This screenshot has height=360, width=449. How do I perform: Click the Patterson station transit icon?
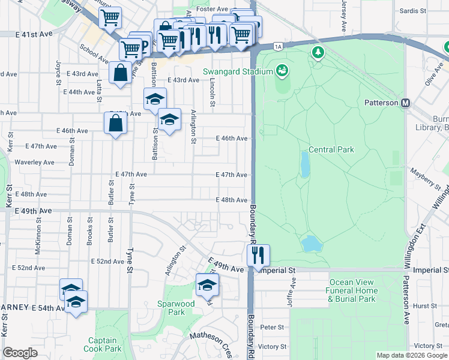[405, 103]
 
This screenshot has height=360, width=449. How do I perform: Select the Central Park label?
[331, 149]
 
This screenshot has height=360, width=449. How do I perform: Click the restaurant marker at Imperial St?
[259, 254]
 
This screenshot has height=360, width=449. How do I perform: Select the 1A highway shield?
[277, 46]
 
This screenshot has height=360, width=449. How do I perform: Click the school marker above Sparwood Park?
[207, 284]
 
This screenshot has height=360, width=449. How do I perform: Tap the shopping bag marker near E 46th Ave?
[115, 124]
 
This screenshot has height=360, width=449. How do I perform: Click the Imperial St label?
[278, 271]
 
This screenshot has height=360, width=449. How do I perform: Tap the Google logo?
[20, 353]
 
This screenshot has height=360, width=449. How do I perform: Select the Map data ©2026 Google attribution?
[411, 355]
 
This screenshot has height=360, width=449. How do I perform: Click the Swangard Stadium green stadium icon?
[281, 72]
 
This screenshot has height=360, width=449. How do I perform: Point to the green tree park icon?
[317, 53]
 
